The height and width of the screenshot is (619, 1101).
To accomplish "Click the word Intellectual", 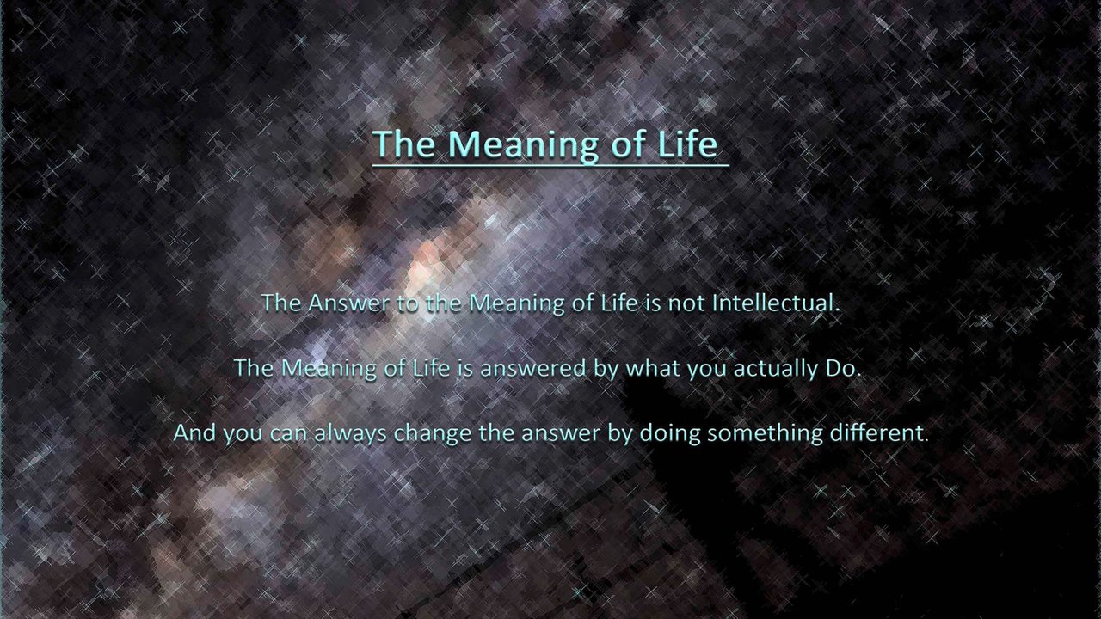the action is click(776, 303).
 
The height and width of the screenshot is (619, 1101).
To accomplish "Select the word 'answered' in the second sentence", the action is click(533, 368).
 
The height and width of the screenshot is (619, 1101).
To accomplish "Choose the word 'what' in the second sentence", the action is click(652, 368).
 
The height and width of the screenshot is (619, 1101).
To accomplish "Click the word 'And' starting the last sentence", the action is click(194, 432).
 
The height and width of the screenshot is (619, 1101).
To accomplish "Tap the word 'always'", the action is click(350, 434).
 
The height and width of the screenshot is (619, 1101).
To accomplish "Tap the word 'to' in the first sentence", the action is click(408, 304).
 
